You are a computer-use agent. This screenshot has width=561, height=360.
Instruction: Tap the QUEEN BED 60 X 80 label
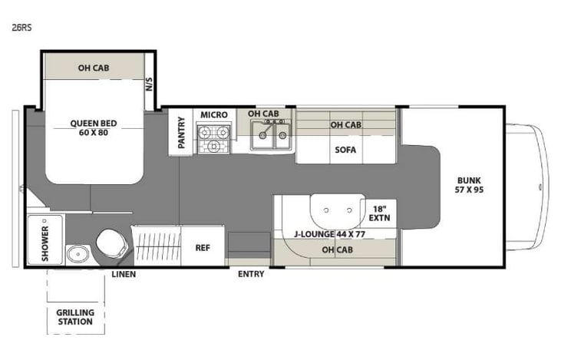93,127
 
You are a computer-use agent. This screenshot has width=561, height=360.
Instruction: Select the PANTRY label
182,131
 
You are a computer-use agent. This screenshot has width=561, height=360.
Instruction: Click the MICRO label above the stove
214,115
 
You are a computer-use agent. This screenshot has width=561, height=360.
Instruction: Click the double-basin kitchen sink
270,137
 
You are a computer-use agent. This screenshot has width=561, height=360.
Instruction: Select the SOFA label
345,150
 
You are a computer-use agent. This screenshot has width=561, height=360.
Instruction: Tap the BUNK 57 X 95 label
468,183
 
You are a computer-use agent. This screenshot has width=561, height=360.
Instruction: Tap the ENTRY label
251,274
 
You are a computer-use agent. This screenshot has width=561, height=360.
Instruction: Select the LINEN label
124,274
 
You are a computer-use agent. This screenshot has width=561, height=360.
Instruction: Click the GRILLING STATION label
75,317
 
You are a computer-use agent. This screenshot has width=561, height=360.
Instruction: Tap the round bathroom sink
75,254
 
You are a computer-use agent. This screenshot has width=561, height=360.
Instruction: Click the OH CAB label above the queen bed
93,68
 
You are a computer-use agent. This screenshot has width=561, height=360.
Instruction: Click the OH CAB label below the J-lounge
337,250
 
